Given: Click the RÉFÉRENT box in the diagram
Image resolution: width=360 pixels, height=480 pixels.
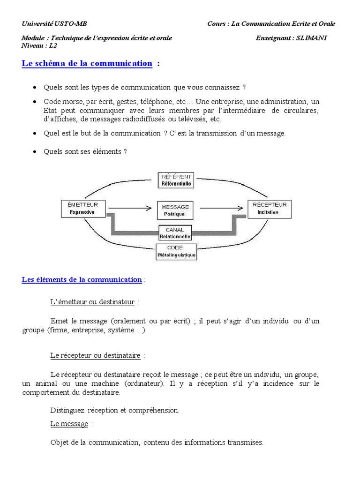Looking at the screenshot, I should click(176, 180).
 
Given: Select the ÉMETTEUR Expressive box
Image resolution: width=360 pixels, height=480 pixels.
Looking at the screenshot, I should click(82, 208).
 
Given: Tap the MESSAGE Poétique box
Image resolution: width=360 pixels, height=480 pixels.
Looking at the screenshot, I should click(175, 210).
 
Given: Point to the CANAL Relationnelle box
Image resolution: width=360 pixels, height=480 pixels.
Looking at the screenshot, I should click(175, 233).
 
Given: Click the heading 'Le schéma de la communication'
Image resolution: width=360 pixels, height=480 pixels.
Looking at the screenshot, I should click(87, 64).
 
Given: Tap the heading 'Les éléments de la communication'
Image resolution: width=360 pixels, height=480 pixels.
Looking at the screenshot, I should click(82, 280).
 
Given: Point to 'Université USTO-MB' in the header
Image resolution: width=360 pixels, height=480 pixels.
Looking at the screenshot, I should click(54, 24).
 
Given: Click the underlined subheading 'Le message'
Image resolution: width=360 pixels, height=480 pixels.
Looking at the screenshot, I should click(69, 424).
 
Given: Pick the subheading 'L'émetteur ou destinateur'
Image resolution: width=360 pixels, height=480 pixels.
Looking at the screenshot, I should click(92, 302).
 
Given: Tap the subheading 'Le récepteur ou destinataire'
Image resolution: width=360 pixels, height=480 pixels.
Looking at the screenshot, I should click(95, 356).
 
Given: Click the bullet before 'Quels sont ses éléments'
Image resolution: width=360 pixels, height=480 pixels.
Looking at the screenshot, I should click(36, 151).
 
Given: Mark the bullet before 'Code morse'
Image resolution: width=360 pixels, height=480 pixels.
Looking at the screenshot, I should click(36, 102).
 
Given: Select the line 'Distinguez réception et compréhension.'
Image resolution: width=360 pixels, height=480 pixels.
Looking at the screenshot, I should click(114, 410).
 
